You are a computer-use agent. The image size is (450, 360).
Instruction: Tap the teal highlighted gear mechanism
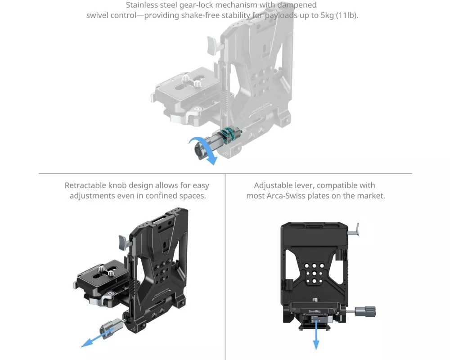(229, 135)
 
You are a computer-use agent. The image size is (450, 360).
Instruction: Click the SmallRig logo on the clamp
(314, 311)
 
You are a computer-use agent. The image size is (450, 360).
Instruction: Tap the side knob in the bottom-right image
(365, 311)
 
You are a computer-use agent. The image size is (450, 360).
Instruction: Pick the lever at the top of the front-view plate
(354, 229)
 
